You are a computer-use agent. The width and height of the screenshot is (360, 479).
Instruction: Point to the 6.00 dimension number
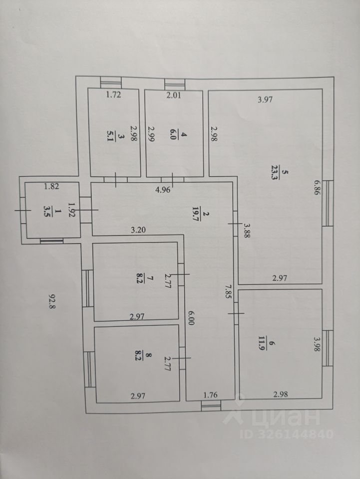pyautogui.click(x=190, y=318)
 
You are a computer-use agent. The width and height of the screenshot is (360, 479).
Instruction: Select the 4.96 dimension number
pyautogui.click(x=163, y=190)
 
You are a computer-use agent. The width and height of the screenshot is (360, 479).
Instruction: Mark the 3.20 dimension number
pyautogui.click(x=138, y=230)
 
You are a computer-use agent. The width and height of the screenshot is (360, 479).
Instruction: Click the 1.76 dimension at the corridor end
pyautogui.click(x=211, y=395)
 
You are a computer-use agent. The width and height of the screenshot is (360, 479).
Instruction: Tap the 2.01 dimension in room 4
pyautogui.click(x=174, y=95)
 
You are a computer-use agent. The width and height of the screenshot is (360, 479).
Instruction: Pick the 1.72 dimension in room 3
pyautogui.click(x=113, y=95)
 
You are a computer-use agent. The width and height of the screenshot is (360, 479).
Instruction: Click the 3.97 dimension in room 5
pyautogui.click(x=265, y=100)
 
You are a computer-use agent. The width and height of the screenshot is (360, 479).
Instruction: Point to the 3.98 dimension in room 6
pyautogui.click(x=317, y=344)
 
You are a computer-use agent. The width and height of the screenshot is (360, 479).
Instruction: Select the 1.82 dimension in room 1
pyautogui.click(x=51, y=186)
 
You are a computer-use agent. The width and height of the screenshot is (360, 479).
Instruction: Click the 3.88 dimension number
pyautogui.click(x=246, y=231)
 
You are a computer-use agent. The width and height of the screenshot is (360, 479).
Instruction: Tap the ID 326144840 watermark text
pyautogui.click(x=287, y=434)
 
